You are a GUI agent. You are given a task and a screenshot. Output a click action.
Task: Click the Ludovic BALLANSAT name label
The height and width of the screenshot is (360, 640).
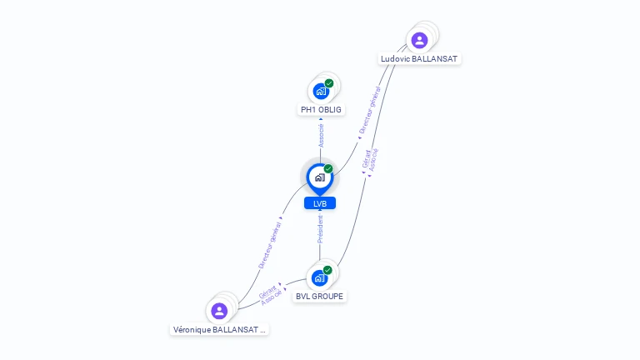pos(419,59)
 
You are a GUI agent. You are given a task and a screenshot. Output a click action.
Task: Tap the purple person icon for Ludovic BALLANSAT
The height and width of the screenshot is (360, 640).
pos(419,40)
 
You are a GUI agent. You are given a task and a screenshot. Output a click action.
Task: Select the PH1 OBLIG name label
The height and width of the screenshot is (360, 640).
pos(321,110)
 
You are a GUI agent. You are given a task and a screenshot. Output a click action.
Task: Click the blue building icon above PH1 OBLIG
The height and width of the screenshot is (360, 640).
pos(321,92)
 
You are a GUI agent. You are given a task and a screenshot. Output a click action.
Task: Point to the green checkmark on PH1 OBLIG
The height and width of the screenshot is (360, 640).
pos(329,83)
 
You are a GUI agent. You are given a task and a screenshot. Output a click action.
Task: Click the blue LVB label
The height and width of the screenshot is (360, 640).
pos(320,203)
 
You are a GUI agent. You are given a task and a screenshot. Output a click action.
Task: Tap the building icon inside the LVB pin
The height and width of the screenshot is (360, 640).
pos(320,177)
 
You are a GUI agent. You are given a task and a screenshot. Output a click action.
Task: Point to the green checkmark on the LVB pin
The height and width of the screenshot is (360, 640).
pos(328,168)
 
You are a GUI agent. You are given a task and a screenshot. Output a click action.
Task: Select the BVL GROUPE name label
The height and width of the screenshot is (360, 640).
pos(320,297)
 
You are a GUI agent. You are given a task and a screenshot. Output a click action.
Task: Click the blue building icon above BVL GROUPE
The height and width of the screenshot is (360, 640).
pos(320,278)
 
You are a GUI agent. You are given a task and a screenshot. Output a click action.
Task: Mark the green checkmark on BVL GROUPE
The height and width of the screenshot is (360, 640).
pos(327,270)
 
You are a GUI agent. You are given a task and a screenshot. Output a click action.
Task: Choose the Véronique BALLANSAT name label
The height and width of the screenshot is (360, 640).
pos(219,330)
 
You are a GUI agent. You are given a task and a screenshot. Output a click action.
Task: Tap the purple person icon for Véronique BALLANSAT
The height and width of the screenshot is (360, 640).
pos(219,311)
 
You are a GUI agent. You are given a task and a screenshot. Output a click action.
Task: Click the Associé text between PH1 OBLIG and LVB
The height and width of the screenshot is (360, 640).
pos(321,136)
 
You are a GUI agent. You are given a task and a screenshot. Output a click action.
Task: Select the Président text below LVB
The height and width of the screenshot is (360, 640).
pos(320,229)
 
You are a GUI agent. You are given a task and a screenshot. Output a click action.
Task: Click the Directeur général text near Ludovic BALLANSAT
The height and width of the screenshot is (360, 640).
pos(370,110)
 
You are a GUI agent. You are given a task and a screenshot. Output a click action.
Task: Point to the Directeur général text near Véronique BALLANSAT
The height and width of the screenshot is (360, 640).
pos(270,245)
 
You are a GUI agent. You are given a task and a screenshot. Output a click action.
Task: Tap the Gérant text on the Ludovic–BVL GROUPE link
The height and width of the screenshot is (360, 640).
pos(366,159)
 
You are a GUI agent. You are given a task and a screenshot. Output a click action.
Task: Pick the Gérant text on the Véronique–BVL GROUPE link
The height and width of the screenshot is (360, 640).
pos(267,292)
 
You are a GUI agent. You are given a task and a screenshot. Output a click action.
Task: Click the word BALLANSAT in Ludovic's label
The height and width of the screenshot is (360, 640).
pos(434,59)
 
